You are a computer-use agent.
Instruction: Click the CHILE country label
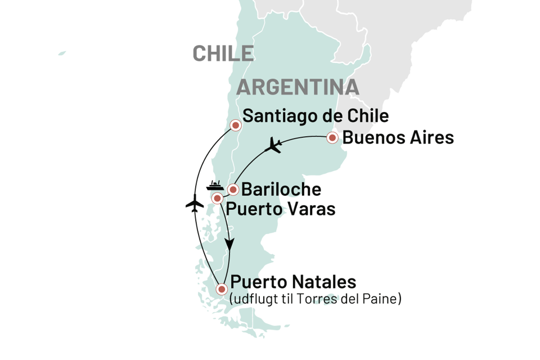tap(223, 53)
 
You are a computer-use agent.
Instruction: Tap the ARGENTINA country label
tap(298, 87)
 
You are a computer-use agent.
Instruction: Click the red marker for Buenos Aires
tap(332, 137)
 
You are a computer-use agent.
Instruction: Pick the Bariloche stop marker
tap(232, 189)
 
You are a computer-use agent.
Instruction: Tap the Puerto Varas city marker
tap(217, 199)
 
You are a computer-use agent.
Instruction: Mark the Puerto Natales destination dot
tap(222, 289)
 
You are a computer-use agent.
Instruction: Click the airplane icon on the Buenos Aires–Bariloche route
tap(274, 145)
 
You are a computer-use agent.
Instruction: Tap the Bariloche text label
tap(281, 190)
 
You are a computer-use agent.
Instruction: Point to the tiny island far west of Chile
tap(62, 53)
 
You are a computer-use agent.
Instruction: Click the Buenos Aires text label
tap(398, 138)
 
